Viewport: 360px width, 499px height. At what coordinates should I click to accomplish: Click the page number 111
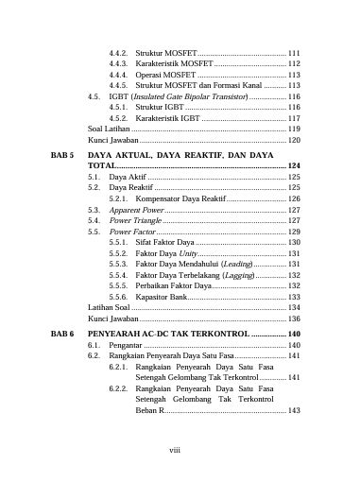(293, 52)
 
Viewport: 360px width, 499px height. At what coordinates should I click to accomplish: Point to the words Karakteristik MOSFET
(175, 63)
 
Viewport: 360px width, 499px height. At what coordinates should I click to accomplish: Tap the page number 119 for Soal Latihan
(293, 129)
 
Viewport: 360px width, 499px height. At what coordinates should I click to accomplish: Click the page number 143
(293, 411)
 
